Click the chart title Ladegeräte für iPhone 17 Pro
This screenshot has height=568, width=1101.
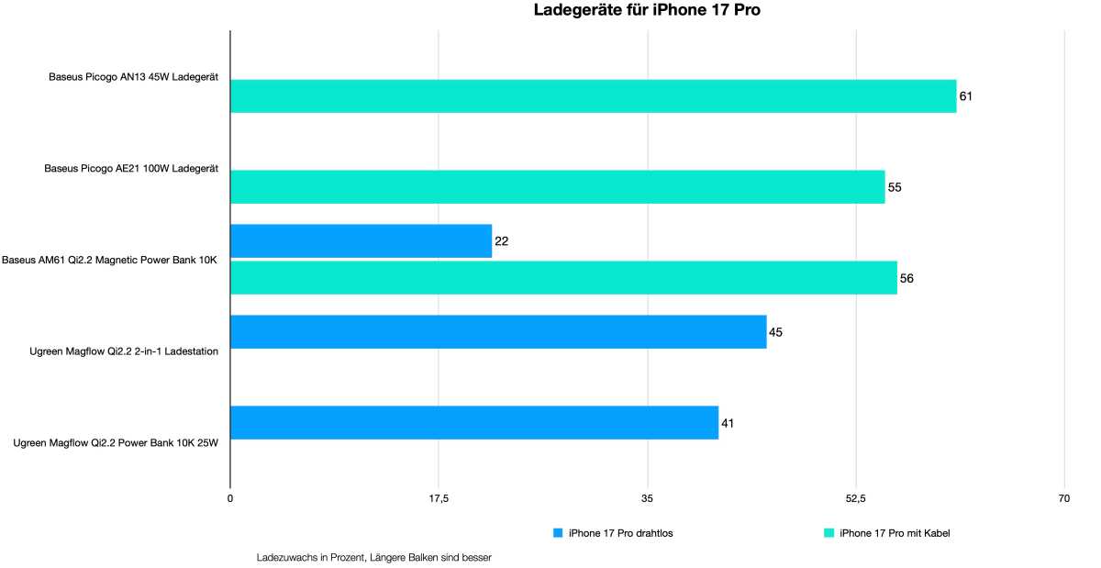pos(647,11)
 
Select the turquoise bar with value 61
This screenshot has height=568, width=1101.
pos(593,96)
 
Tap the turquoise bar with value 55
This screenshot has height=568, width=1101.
pos(557,187)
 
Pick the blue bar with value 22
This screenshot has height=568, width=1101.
pos(361,241)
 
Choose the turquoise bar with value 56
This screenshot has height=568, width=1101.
pos(563,278)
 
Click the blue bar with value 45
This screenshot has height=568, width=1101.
pos(498,332)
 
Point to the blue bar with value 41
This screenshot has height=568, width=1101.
pos(473,423)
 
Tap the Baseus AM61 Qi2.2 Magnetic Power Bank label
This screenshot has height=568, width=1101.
pos(109,260)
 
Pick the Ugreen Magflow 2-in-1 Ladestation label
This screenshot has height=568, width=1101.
pos(124,351)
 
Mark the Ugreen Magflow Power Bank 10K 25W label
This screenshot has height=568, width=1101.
pos(116,442)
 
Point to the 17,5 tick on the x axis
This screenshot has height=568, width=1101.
pos(439,499)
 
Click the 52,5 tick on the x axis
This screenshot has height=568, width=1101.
pos(855,499)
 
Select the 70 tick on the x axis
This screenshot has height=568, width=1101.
pos(1063,499)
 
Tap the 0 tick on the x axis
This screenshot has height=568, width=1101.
pos(230,499)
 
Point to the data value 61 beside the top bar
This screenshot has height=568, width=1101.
pos(966,96)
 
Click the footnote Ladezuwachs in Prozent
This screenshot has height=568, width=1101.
pos(375,556)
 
